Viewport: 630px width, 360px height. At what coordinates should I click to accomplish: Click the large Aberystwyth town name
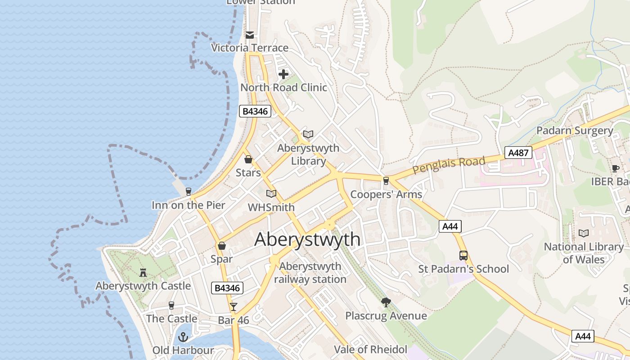pos(307,240)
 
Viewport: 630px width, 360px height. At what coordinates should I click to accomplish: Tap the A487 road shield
pos(518,153)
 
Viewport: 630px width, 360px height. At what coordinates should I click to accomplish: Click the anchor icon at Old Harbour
pos(183,337)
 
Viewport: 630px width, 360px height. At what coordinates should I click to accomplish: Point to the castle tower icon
pos(143,272)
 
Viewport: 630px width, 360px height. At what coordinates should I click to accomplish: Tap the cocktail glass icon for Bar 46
pos(233,307)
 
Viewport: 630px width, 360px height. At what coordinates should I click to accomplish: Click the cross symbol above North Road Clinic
pos(283,74)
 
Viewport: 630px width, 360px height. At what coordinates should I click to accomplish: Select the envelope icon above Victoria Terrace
pos(250,35)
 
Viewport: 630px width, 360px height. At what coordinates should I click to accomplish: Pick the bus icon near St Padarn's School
pos(463,256)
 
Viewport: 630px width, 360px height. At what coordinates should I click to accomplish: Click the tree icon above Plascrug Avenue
pos(386,302)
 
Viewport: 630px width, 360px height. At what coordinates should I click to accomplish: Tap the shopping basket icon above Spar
pos(221,246)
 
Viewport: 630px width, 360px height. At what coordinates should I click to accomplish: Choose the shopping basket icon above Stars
pos(248,159)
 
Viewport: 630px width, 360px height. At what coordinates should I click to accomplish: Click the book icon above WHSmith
pos(271,194)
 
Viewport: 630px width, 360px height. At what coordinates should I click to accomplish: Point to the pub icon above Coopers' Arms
pos(386,181)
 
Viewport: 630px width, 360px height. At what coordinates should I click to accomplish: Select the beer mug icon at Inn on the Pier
pos(188,192)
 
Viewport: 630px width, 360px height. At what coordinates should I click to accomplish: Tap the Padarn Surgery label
pos(575,131)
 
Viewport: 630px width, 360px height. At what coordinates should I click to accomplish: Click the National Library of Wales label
pos(584,253)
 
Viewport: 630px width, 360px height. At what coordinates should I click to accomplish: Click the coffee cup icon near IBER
pos(615,168)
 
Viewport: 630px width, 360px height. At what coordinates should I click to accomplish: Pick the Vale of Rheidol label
pos(370,350)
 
